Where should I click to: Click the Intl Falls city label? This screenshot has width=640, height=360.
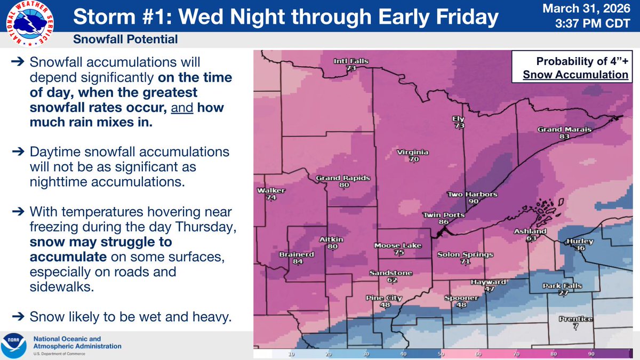[351, 61]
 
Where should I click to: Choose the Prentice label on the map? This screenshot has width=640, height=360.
[575, 319]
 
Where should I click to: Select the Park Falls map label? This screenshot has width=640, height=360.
[562, 286]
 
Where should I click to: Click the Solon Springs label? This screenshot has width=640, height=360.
[465, 254]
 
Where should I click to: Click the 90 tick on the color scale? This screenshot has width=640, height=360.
[591, 354]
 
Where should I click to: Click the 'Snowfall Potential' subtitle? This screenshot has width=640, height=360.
[126, 39]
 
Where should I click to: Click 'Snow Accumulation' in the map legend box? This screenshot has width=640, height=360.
[575, 75]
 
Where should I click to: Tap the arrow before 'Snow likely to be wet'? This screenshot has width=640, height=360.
[17, 318]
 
